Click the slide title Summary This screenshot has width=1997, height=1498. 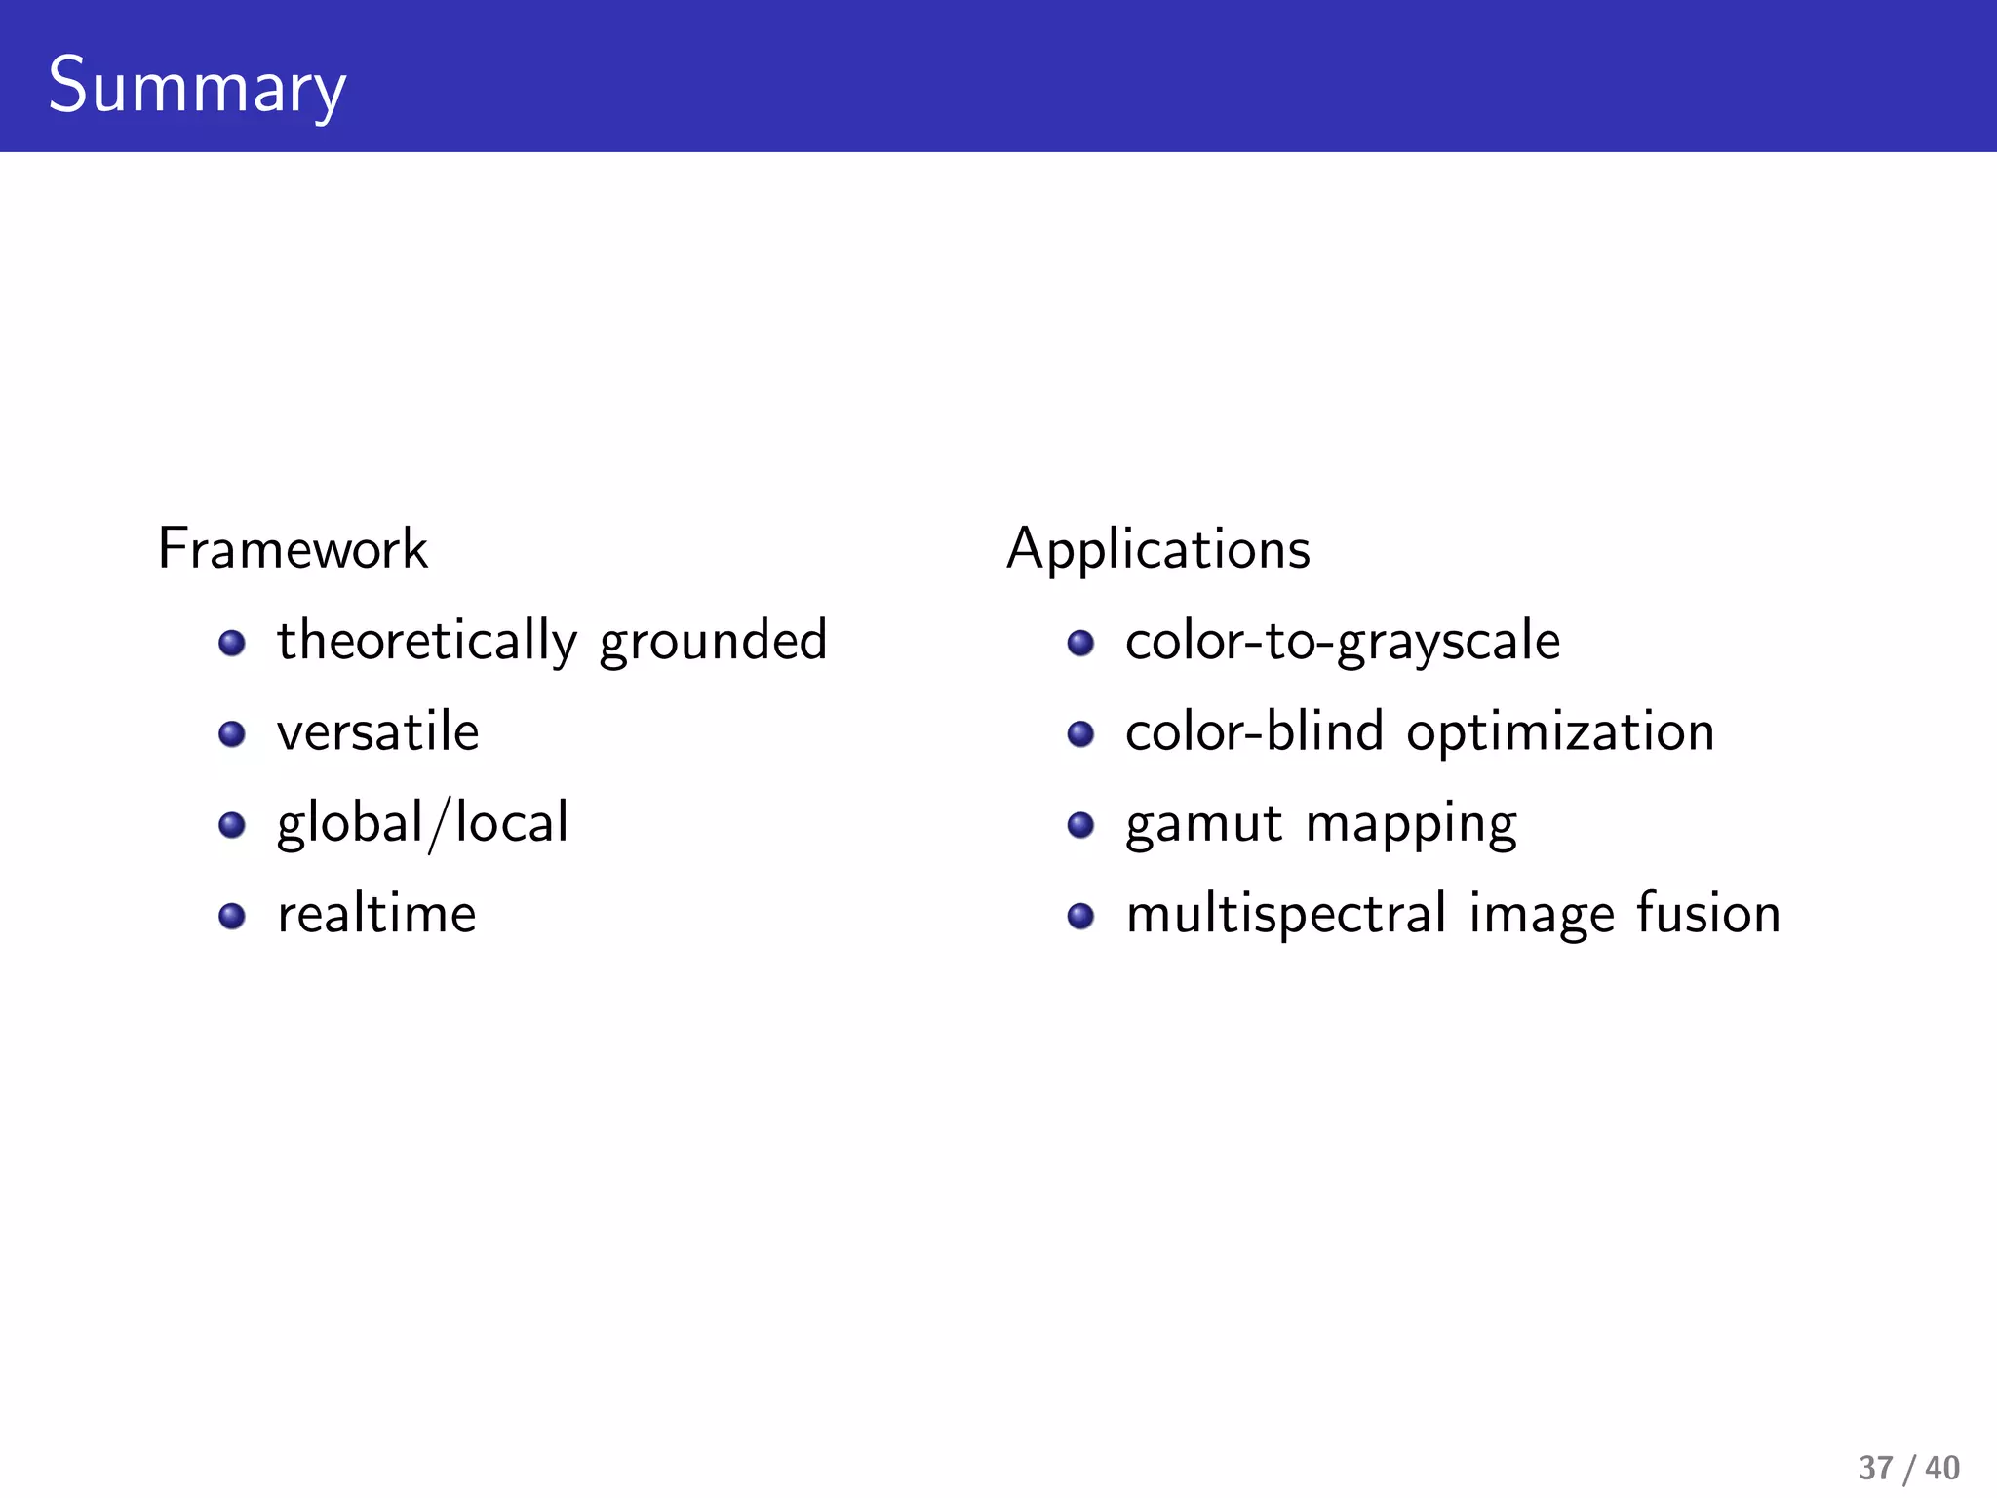pyautogui.click(x=197, y=86)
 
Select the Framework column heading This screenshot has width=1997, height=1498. pyautogui.click(x=293, y=549)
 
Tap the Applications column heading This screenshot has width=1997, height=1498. pyautogui.click(x=1158, y=549)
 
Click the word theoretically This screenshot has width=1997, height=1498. pyautogui.click(x=427, y=642)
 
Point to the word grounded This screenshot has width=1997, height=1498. pyautogui.click(x=713, y=642)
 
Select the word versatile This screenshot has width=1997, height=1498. pyautogui.click(x=378, y=732)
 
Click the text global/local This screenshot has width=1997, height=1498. pyautogui.click(x=422, y=823)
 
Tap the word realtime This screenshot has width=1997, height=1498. pyautogui.click(x=376, y=915)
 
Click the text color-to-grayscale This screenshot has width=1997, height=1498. pyautogui.click(x=1343, y=642)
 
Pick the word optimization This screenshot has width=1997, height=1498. pyautogui.click(x=1560, y=732)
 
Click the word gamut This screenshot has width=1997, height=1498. pyautogui.click(x=1203, y=823)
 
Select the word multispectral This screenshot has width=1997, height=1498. pyautogui.click(x=1286, y=915)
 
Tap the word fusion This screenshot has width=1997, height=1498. pyautogui.click(x=1708, y=915)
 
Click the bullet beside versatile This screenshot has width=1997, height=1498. pyautogui.click(x=232, y=733)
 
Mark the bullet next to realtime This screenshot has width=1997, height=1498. pyautogui.click(x=232, y=916)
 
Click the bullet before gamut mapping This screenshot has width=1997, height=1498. pyautogui.click(x=1080, y=825)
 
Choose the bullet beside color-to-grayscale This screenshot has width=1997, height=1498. pyautogui.click(x=1080, y=643)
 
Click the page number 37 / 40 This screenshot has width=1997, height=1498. pyautogui.click(x=1908, y=1467)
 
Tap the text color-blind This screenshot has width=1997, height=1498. pyautogui.click(x=1254, y=732)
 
